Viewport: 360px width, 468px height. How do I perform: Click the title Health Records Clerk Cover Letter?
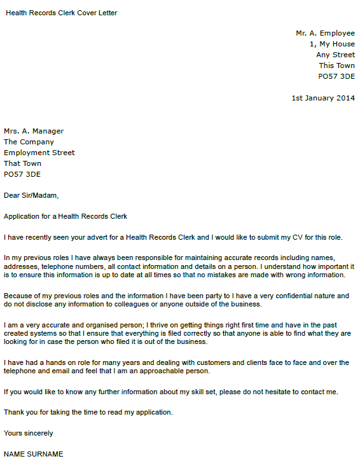[x=62, y=13]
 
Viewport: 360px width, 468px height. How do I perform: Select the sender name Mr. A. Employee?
[x=325, y=33]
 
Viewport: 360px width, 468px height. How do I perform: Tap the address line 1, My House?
[x=332, y=44]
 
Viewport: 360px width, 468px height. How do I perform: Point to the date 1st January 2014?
[x=323, y=98]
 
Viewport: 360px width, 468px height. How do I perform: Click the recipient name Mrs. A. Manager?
[x=34, y=131]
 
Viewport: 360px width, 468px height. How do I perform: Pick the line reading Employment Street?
[x=39, y=153]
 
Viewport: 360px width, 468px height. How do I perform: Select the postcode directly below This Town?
[x=336, y=76]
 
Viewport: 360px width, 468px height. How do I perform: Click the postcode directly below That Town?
[x=22, y=174]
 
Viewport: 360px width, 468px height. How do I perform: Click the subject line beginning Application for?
[x=66, y=216]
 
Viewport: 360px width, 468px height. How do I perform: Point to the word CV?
[x=292, y=238]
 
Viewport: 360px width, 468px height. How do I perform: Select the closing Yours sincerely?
[x=29, y=433]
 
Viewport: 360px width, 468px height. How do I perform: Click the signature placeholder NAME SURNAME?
[x=34, y=454]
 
